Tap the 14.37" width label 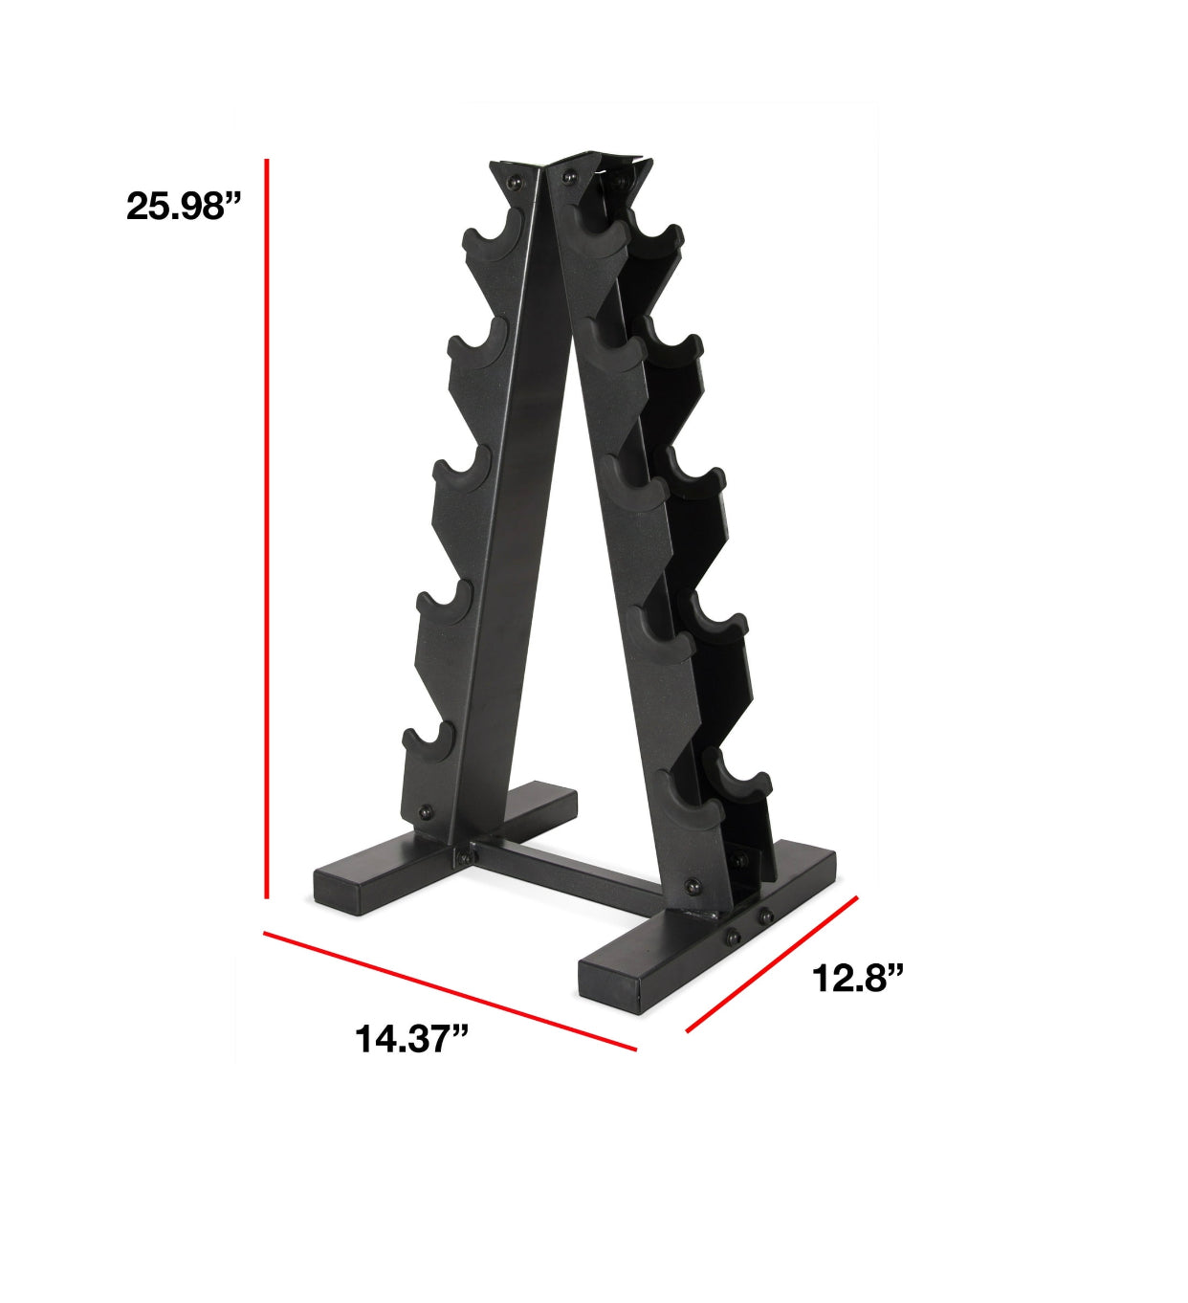[x=411, y=1038]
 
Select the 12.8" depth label [x=857, y=978]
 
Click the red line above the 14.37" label [x=450, y=991]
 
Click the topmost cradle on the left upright [x=495, y=243]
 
